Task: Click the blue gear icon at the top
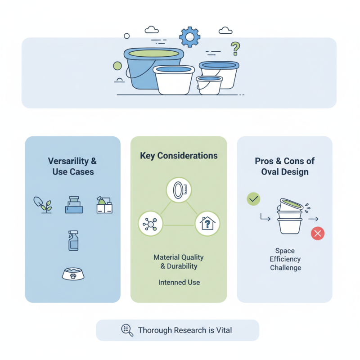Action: [x=189, y=37]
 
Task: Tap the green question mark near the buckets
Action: [x=235, y=49]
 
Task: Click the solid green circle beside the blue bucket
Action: [x=117, y=66]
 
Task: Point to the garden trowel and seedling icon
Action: [x=43, y=205]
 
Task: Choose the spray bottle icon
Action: [x=73, y=240]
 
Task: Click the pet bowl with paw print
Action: [x=73, y=274]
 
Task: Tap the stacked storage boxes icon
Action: [x=74, y=205]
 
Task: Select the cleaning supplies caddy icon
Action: [x=104, y=205]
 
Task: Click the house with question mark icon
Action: [x=207, y=223]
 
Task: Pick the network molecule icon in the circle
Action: [x=150, y=223]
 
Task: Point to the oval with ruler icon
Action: [x=179, y=190]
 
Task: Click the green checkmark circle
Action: [x=253, y=199]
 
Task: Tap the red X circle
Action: [x=318, y=234]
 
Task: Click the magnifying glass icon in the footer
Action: [x=127, y=330]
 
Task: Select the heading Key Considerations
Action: [x=179, y=156]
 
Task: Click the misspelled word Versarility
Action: [x=68, y=161]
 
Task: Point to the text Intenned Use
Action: [x=179, y=282]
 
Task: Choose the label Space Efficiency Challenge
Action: [x=285, y=259]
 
